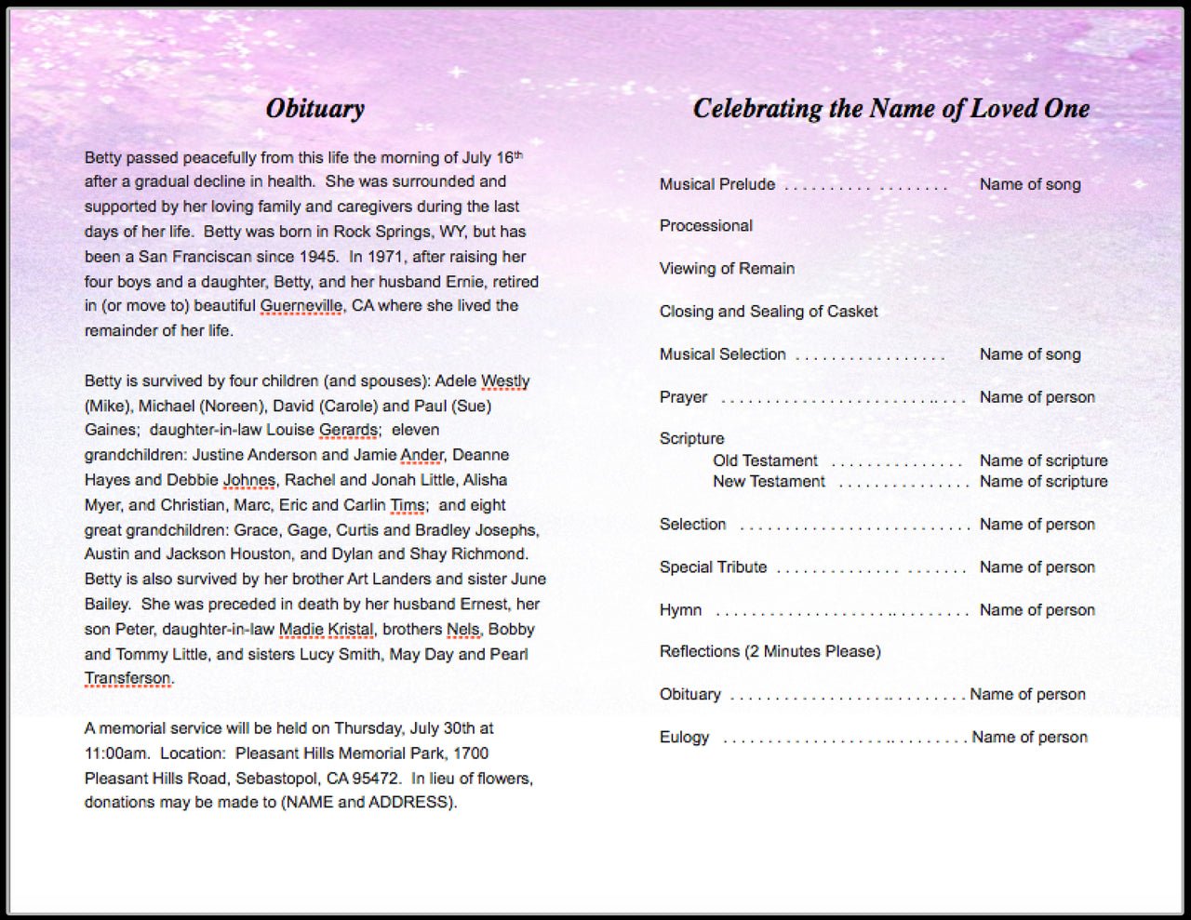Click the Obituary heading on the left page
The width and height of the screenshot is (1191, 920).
pyautogui.click(x=314, y=109)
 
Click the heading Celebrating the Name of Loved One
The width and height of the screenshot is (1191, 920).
pyautogui.click(x=890, y=109)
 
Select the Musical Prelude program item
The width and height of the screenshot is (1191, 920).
pyautogui.click(x=716, y=184)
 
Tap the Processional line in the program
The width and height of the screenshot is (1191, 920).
pyautogui.click(x=705, y=226)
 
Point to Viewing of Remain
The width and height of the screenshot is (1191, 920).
pyautogui.click(x=727, y=269)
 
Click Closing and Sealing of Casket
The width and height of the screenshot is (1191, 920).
pyautogui.click(x=768, y=312)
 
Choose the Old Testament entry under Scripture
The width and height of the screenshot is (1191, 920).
pyautogui.click(x=765, y=460)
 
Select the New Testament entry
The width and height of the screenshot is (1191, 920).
pyautogui.click(x=769, y=482)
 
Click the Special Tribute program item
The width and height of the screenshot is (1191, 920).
pyautogui.click(x=713, y=567)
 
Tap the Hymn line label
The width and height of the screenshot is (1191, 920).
pyautogui.click(x=680, y=610)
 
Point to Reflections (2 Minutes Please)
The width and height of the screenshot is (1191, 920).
pyautogui.click(x=769, y=651)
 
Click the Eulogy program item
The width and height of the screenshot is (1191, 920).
pyautogui.click(x=684, y=738)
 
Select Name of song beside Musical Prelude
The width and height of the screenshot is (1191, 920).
pyautogui.click(x=1029, y=184)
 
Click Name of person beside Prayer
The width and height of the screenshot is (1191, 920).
pyautogui.click(x=1037, y=397)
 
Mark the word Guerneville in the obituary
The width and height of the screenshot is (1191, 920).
pyautogui.click(x=301, y=306)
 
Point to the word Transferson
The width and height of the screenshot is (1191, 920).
pyautogui.click(x=127, y=678)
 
